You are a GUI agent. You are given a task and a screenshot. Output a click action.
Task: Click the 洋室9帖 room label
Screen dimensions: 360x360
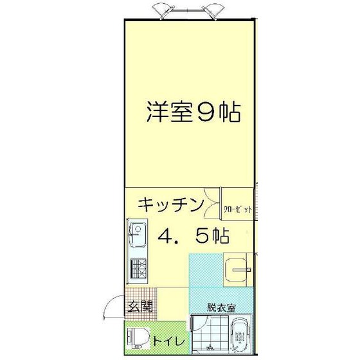192,113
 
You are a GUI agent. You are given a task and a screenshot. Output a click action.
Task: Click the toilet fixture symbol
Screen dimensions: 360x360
138,337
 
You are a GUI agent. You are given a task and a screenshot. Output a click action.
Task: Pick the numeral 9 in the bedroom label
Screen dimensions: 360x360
207,113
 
